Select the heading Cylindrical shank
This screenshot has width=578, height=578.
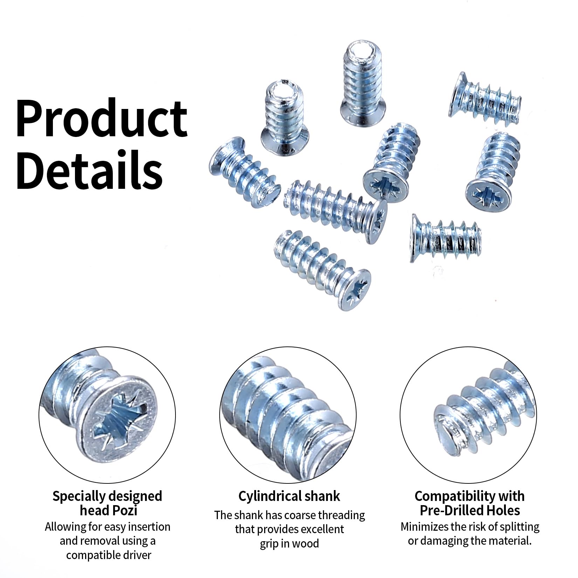289,496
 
